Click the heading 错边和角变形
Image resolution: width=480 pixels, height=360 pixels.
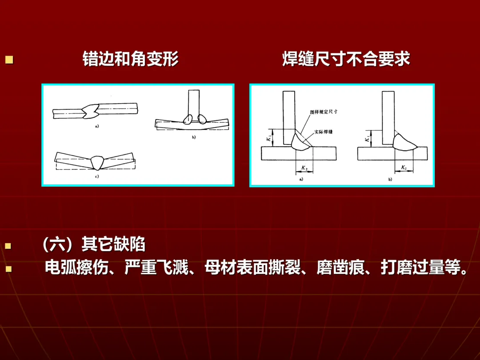[131, 59]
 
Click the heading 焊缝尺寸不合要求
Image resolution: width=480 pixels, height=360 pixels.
[346, 59]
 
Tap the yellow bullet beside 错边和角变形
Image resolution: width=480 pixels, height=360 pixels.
[9, 60]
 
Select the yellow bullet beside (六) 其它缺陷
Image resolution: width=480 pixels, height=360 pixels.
[8, 245]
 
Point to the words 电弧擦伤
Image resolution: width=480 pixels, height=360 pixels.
[76, 267]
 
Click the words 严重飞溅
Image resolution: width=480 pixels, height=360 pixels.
[156, 267]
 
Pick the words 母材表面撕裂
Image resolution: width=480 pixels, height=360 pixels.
[253, 267]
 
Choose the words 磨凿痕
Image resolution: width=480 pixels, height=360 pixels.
[341, 267]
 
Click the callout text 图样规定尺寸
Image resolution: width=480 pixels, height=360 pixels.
[324, 112]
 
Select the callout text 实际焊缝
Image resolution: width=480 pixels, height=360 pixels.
[323, 132]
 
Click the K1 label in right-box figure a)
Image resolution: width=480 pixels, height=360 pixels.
[269, 138]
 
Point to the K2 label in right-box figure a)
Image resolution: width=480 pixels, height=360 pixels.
[304, 168]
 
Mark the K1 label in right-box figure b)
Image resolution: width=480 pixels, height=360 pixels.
[367, 139]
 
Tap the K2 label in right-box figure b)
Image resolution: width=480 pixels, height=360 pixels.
[404, 168]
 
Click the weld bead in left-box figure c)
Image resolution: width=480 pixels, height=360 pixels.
[98, 163]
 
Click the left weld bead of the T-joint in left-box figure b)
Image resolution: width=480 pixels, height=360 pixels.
[188, 119]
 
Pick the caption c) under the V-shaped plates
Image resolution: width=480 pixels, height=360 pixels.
[97, 176]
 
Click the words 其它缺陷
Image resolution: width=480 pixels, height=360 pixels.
[113, 244]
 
